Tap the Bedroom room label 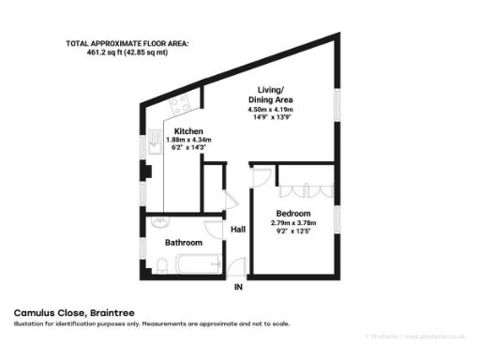click(x=293, y=214)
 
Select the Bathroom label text click(x=184, y=243)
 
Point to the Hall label click(x=238, y=229)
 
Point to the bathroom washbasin click(x=159, y=221)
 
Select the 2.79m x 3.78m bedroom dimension click(x=293, y=223)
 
